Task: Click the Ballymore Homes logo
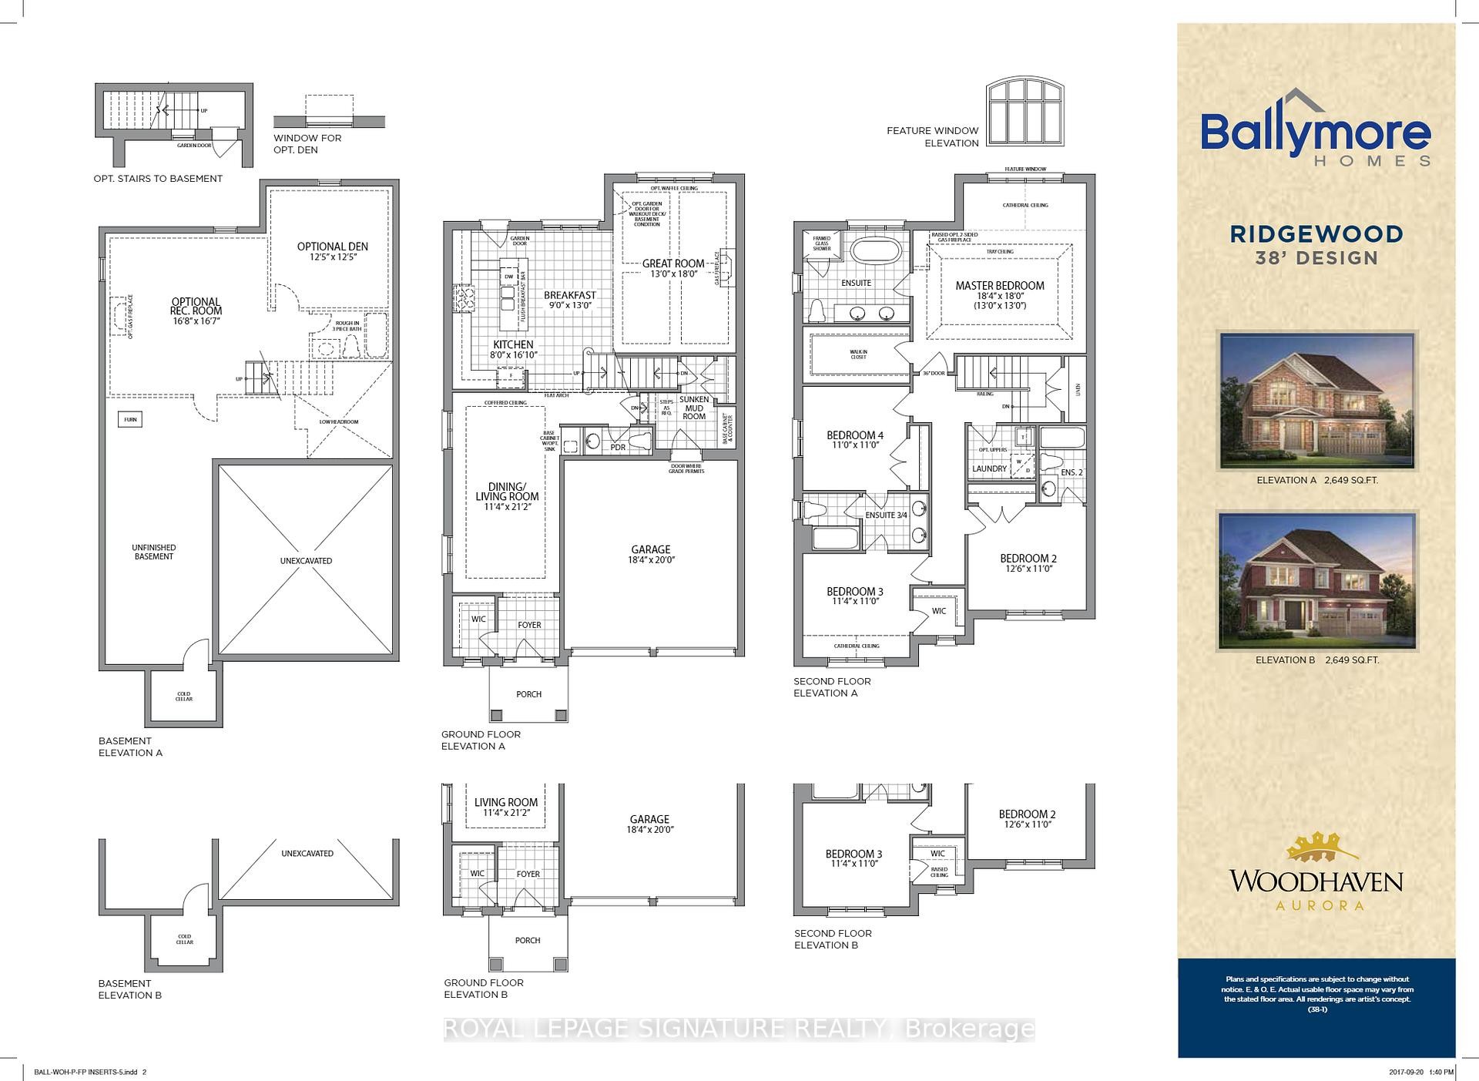[1316, 137]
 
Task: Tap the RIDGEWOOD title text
[1316, 233]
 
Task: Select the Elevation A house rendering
[1316, 401]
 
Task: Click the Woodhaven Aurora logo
[1316, 871]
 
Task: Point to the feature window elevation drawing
[1025, 112]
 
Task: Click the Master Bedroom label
[1000, 286]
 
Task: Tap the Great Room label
[673, 264]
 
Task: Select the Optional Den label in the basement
[333, 247]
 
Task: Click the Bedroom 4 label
[855, 435]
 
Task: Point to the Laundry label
[989, 468]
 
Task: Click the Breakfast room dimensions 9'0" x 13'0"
[570, 306]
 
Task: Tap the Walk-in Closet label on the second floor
[859, 354]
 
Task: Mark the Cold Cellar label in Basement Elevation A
[184, 696]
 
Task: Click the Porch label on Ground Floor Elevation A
[529, 694]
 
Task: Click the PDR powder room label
[618, 448]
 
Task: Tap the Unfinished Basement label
[154, 552]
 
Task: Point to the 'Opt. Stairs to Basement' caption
[158, 179]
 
